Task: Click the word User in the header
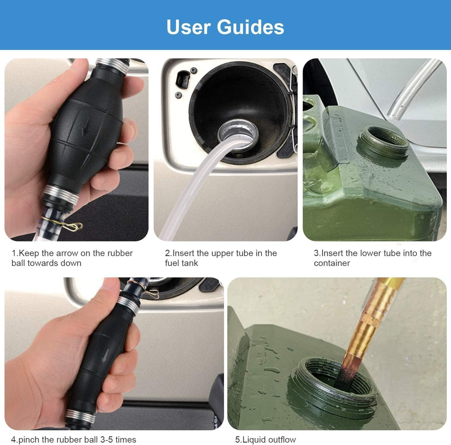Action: [x=188, y=27]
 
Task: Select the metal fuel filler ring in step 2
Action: [x=238, y=135]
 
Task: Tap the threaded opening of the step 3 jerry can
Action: [x=383, y=142]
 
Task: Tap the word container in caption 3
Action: [x=332, y=263]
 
